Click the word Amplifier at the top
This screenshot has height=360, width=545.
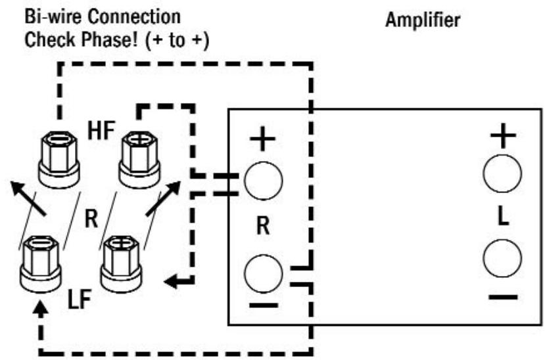click(422, 21)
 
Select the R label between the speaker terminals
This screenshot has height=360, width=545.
click(91, 218)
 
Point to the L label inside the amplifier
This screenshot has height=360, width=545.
click(502, 217)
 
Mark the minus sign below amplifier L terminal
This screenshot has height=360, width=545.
click(503, 297)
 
